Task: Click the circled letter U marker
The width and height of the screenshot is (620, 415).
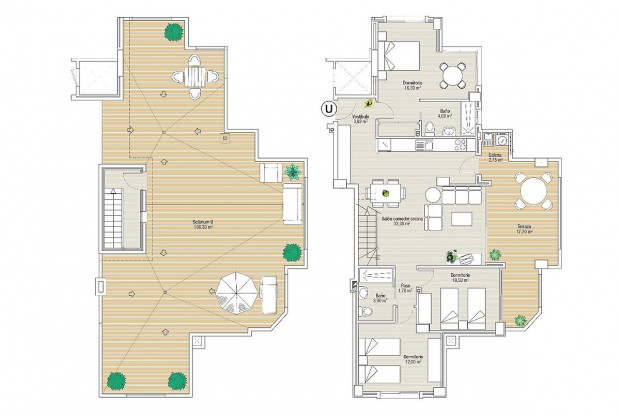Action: coord(326,109)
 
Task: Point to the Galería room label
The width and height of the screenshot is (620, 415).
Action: coord(494,156)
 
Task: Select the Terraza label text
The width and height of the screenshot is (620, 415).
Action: coord(524,227)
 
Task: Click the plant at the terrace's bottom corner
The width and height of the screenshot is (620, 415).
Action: coord(520,320)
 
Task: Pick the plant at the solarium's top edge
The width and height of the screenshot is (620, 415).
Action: coord(175,31)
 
